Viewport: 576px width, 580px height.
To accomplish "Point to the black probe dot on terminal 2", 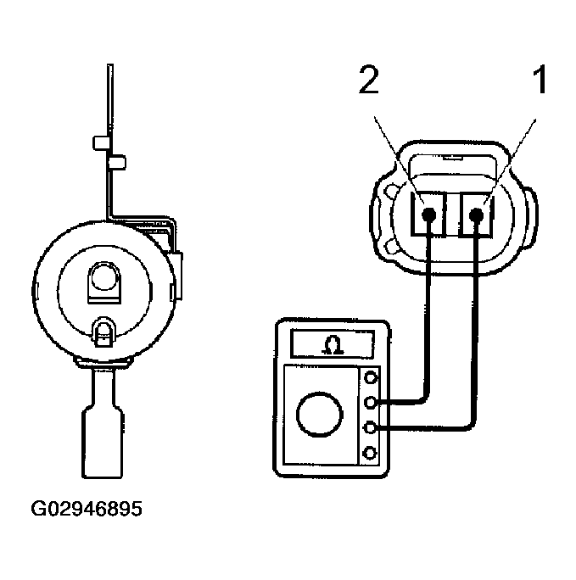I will [430, 215].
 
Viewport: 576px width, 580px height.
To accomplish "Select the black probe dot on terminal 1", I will [478, 215].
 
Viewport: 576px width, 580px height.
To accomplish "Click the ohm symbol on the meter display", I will [335, 344].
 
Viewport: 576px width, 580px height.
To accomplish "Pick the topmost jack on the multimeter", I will [370, 378].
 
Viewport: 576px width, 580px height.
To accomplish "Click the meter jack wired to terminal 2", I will [370, 403].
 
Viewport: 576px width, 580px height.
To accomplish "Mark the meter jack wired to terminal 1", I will [370, 428].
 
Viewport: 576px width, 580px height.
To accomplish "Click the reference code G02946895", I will [87, 510].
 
